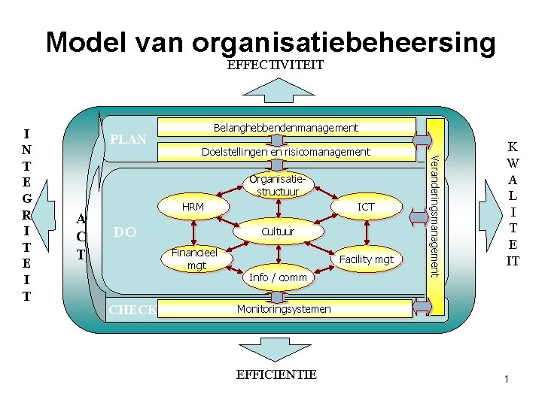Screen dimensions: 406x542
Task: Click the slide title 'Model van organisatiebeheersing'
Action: tap(271, 42)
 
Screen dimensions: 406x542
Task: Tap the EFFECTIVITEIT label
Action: tap(275, 65)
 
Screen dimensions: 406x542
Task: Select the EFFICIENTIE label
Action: tap(276, 374)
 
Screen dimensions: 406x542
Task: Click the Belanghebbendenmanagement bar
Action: tap(286, 128)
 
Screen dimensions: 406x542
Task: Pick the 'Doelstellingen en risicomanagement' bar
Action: tap(286, 152)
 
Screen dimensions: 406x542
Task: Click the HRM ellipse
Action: tap(193, 207)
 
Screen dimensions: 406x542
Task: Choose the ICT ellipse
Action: tap(366, 207)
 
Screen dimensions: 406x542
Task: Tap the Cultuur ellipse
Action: tap(278, 232)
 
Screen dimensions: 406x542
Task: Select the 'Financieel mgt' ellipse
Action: tap(193, 259)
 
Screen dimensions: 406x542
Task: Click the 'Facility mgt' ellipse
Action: tap(366, 259)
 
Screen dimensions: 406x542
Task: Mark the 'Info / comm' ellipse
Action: tap(278, 277)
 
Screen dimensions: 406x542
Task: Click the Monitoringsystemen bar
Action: tap(284, 309)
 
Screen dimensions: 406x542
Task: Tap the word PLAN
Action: tap(128, 141)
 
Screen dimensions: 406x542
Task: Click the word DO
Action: tap(124, 233)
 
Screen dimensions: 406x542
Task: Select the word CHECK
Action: tap(131, 310)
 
